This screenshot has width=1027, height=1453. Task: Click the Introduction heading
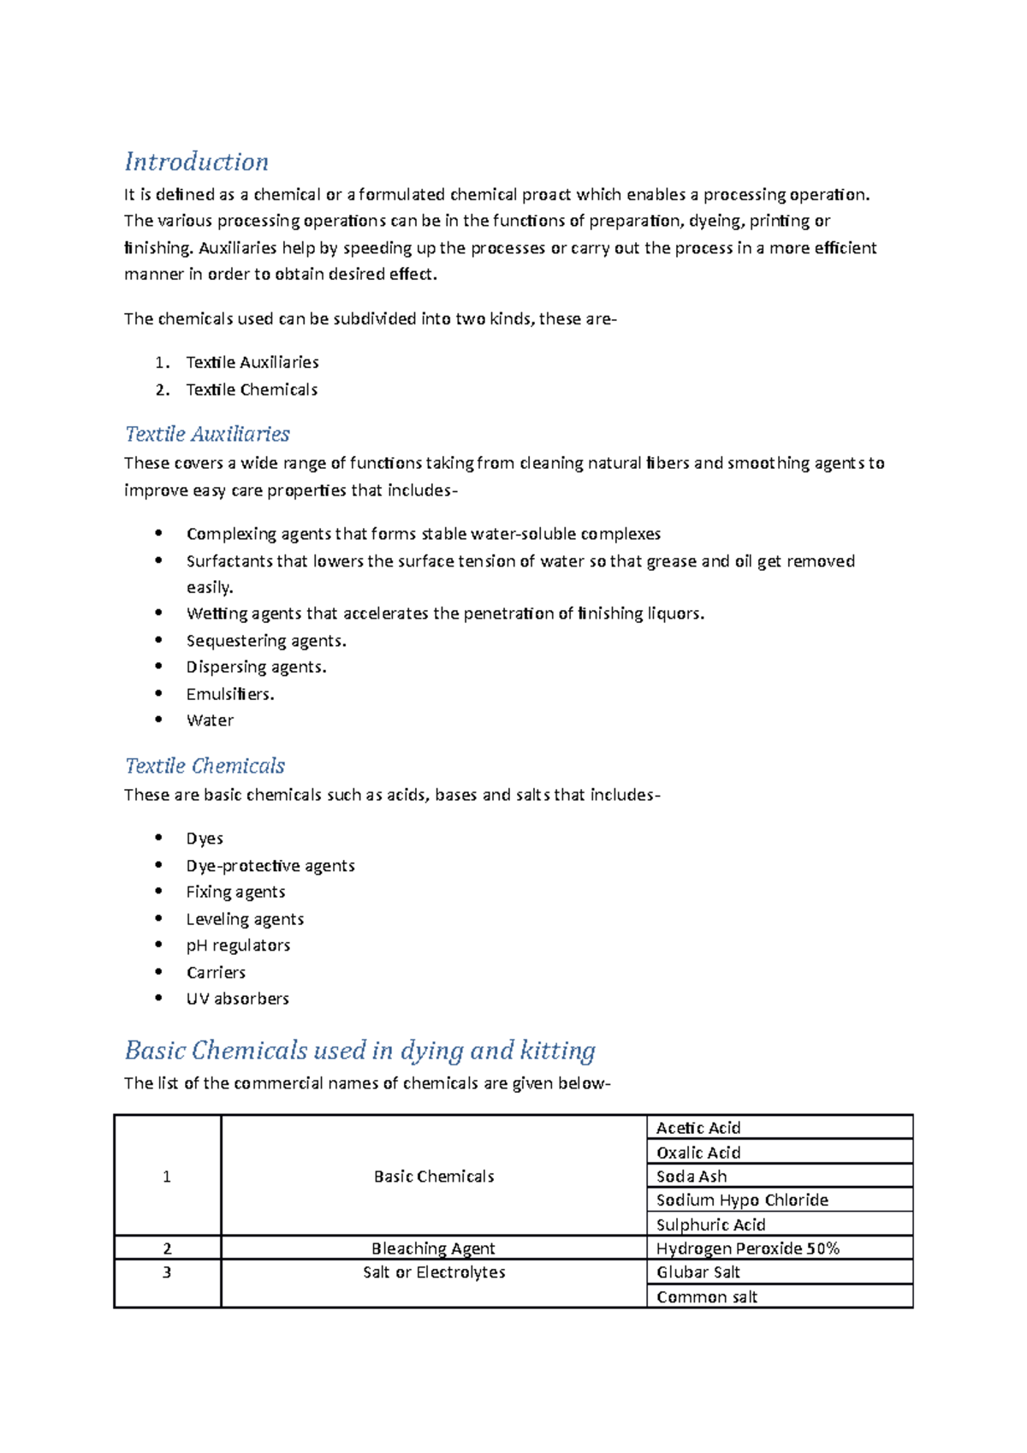click(x=197, y=162)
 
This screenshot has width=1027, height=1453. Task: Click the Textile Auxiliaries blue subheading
click(x=208, y=434)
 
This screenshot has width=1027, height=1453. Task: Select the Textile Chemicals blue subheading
click(x=205, y=766)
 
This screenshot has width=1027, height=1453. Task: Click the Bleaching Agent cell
click(x=433, y=1248)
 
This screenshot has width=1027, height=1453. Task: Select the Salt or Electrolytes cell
click(x=434, y=1272)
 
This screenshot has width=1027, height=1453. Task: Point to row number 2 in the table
click(x=167, y=1248)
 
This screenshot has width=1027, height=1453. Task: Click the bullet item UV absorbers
click(x=238, y=999)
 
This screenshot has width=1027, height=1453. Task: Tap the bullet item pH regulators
click(x=238, y=946)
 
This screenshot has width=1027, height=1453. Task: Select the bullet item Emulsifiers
click(x=230, y=694)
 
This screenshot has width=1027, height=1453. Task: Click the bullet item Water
click(x=210, y=721)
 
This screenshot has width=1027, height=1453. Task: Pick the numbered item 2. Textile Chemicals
click(x=252, y=390)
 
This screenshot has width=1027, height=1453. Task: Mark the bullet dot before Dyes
click(x=158, y=838)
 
